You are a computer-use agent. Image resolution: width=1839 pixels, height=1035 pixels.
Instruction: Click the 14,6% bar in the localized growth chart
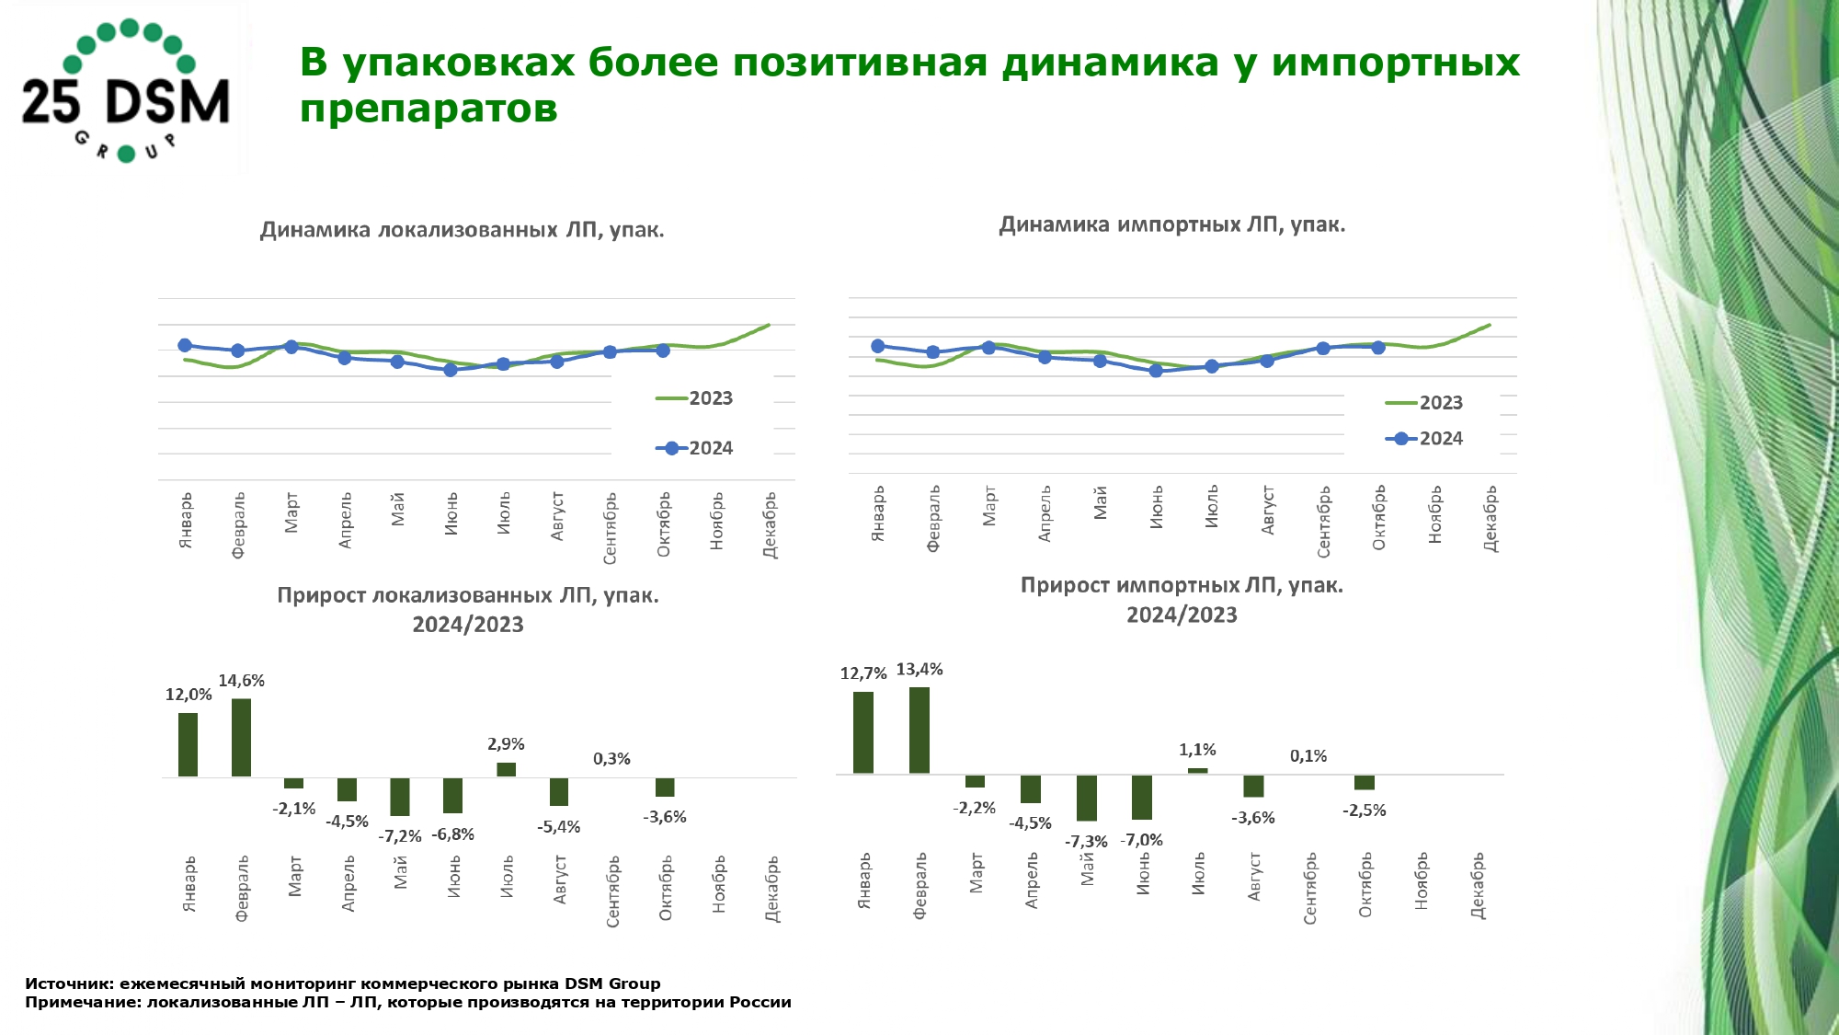pyautogui.click(x=241, y=737)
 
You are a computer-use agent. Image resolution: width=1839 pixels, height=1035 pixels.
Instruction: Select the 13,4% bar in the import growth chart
pyautogui.click(x=919, y=730)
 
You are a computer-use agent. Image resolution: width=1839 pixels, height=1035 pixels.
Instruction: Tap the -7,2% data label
pyautogui.click(x=400, y=836)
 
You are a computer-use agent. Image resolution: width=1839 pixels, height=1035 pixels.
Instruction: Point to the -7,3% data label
pyautogui.click(x=1086, y=842)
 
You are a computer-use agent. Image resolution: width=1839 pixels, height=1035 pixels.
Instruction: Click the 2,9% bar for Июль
pyautogui.click(x=506, y=769)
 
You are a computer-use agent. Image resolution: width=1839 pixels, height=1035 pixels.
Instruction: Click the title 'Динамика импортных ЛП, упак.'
pyautogui.click(x=1171, y=224)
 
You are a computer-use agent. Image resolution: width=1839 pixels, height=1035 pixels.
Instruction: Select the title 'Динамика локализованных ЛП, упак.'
pyautogui.click(x=462, y=230)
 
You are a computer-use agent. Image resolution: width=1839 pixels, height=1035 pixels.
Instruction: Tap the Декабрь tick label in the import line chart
pyautogui.click(x=1491, y=518)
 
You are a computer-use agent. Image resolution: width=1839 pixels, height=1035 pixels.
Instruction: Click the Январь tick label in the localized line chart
pyautogui.click(x=186, y=520)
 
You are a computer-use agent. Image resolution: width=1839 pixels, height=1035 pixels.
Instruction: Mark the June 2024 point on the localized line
pyautogui.click(x=451, y=370)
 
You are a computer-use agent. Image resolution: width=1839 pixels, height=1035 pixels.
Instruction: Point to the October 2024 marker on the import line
pyautogui.click(x=1378, y=347)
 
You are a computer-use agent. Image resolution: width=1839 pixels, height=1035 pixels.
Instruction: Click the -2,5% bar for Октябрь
pyautogui.click(x=1365, y=782)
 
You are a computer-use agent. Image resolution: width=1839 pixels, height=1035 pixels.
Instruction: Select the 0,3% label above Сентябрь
pyautogui.click(x=611, y=759)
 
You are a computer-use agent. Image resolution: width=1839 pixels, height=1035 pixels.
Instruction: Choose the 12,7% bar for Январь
pyautogui.click(x=863, y=732)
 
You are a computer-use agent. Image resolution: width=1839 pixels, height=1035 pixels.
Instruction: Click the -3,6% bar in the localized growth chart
pyautogui.click(x=665, y=788)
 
